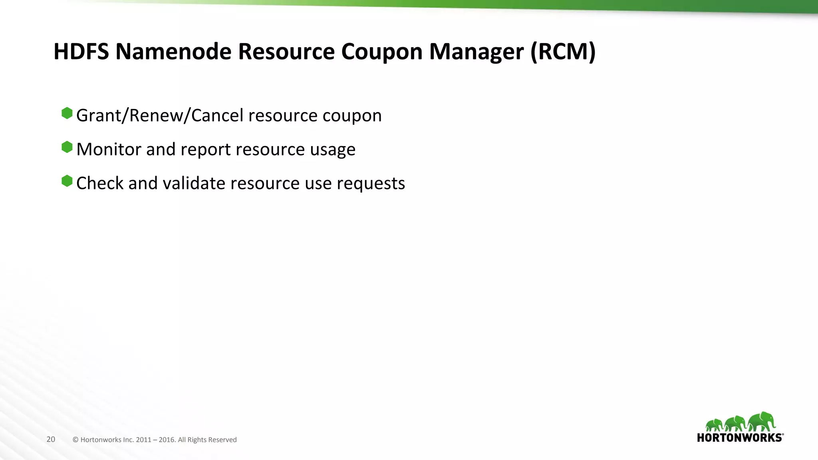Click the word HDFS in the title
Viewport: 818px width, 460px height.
tap(81, 52)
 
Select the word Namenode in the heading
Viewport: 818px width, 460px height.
tap(173, 52)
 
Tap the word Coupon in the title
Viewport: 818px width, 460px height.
tap(382, 52)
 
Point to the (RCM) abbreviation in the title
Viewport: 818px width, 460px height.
tap(563, 52)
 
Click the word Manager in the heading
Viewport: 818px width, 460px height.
tap(477, 52)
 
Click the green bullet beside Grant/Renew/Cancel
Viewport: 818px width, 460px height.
tap(67, 113)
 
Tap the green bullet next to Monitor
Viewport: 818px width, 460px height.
tap(67, 147)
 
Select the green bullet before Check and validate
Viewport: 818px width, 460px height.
tap(67, 181)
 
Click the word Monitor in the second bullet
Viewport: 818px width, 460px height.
tap(109, 149)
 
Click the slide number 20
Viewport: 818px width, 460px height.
tap(51, 439)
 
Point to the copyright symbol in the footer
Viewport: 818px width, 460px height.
tap(75, 440)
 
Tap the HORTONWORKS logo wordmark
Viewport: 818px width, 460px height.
tap(740, 438)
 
